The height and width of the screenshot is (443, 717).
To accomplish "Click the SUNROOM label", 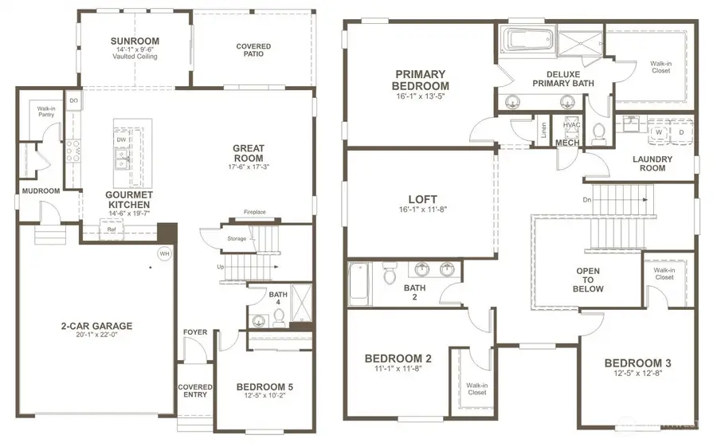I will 135,41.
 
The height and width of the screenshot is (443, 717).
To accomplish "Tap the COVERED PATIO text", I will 253,51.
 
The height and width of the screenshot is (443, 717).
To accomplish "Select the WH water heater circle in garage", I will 165,253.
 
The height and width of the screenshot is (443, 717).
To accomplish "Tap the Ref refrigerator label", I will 112,229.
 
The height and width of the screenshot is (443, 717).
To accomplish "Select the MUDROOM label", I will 41,191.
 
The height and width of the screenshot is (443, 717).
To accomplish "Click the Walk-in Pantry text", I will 45,112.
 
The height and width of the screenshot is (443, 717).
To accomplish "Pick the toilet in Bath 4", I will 280,318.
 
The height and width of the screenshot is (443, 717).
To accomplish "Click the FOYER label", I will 195,332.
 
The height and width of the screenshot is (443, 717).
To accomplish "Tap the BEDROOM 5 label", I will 264,387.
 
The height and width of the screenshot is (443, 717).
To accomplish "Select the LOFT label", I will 422,200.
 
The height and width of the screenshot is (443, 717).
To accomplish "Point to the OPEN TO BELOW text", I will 589,280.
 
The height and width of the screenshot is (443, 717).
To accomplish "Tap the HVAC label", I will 571,125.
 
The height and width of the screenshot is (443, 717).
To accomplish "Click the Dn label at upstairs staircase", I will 587,200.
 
